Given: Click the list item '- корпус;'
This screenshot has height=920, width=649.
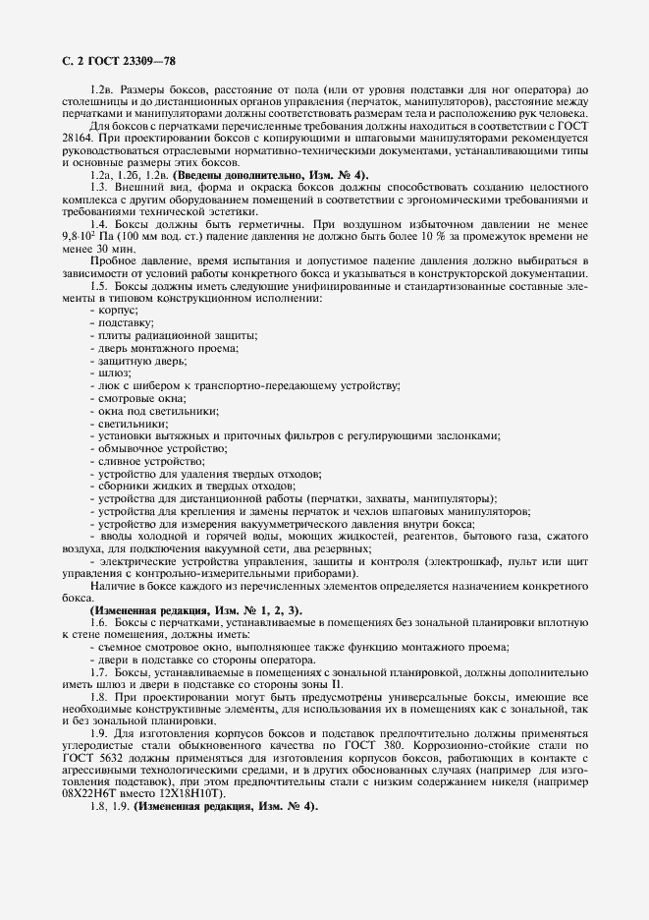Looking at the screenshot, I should pos(114,310).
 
